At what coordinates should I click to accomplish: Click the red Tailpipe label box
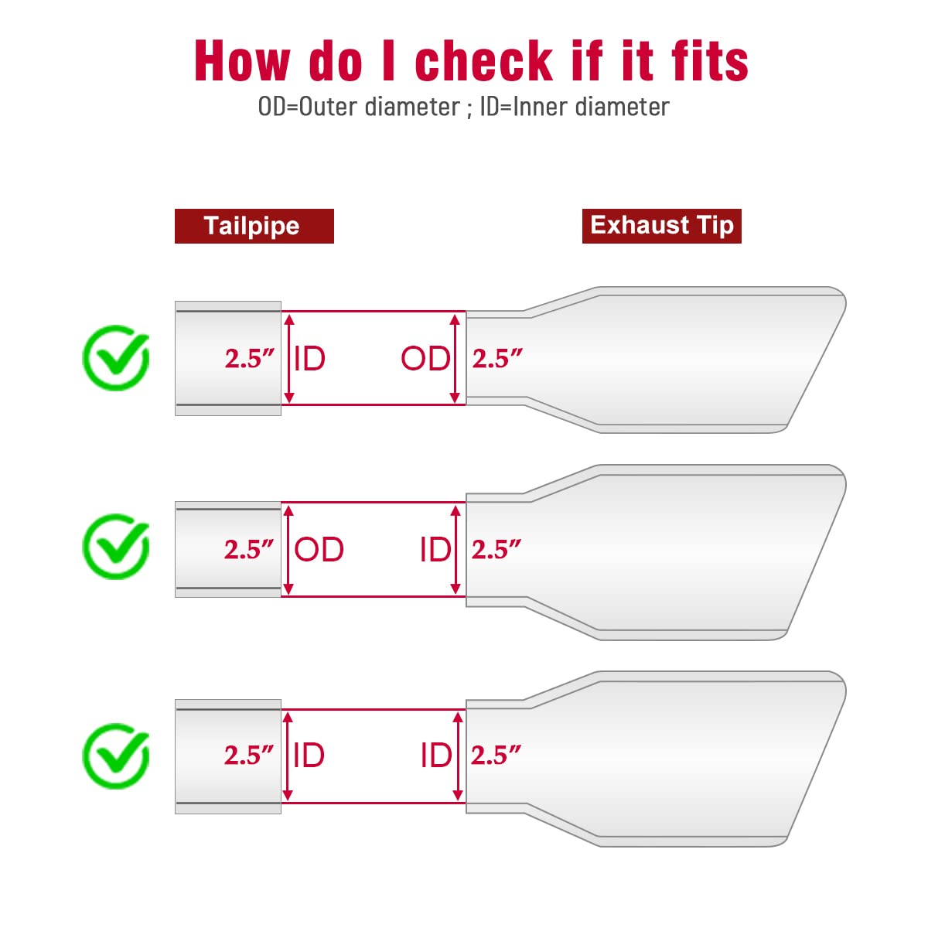point(254,226)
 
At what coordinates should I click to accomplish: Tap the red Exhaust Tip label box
point(661,226)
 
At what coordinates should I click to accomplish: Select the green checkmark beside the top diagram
point(116,357)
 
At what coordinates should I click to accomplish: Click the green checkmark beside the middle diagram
point(116,546)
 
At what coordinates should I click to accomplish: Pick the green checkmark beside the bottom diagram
point(116,755)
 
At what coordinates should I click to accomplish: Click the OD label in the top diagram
point(425,359)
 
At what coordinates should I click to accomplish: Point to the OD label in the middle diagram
point(319,549)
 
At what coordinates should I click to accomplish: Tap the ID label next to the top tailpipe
point(309,359)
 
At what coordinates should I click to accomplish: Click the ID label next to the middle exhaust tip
point(436,549)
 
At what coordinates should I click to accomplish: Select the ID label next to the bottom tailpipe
point(309,755)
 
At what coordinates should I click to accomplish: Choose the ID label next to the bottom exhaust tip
point(436,755)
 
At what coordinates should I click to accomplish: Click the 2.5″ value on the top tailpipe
point(250,359)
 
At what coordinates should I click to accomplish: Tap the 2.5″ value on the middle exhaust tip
point(496,550)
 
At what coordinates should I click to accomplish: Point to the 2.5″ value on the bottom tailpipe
point(249,755)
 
